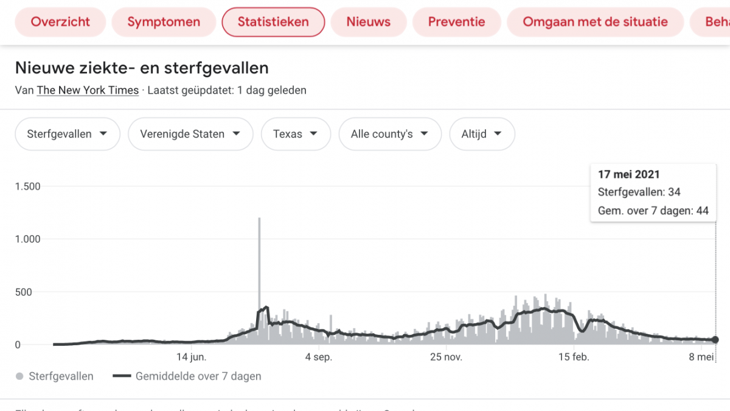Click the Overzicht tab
pyautogui.click(x=60, y=22)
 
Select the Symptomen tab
pyautogui.click(x=164, y=22)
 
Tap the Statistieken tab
pyautogui.click(x=273, y=22)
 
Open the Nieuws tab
pyautogui.click(x=369, y=22)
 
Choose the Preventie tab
pyautogui.click(x=457, y=22)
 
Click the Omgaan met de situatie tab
pyautogui.click(x=595, y=22)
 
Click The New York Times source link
pyautogui.click(x=88, y=90)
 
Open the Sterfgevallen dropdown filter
pyautogui.click(x=68, y=134)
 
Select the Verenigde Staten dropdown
pyautogui.click(x=190, y=134)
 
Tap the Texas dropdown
pyautogui.click(x=296, y=134)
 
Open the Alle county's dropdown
pyautogui.click(x=389, y=134)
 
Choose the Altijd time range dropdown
pyautogui.click(x=482, y=134)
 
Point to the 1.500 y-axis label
pyautogui.click(x=28, y=186)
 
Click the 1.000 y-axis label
pyautogui.click(x=28, y=239)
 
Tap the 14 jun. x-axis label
pyautogui.click(x=192, y=357)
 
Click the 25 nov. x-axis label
pyautogui.click(x=447, y=357)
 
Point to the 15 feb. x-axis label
pyautogui.click(x=574, y=357)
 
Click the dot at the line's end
pyautogui.click(x=715, y=340)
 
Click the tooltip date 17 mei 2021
pyautogui.click(x=629, y=174)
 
